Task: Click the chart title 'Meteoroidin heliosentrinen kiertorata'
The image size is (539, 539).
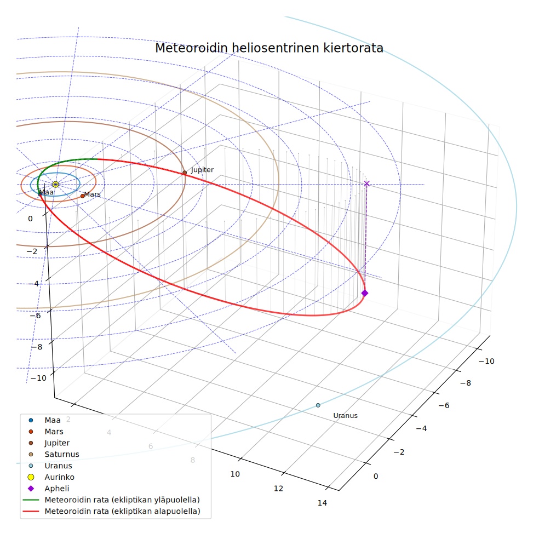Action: coord(269,48)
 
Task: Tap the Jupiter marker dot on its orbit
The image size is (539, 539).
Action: coord(185,173)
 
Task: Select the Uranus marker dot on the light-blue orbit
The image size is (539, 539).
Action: coord(318,405)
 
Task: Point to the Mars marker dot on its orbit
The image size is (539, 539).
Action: coord(83,196)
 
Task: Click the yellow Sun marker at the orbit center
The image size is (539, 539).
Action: coord(55,184)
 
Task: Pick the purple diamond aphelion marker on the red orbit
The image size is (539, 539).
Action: coord(365,293)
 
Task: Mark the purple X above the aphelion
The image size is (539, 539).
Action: coord(367,184)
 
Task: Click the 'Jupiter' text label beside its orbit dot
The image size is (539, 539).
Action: coord(202,170)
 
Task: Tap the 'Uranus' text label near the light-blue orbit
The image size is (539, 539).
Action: coord(346,416)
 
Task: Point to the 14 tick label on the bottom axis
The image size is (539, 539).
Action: coord(322,503)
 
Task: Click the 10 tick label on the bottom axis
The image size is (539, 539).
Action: coord(235,474)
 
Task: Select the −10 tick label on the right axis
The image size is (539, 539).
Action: coord(486,362)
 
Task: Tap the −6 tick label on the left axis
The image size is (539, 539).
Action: coord(35,316)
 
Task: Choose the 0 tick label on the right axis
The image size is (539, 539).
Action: coord(376,476)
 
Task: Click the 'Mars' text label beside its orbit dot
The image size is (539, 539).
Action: coord(92,194)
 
